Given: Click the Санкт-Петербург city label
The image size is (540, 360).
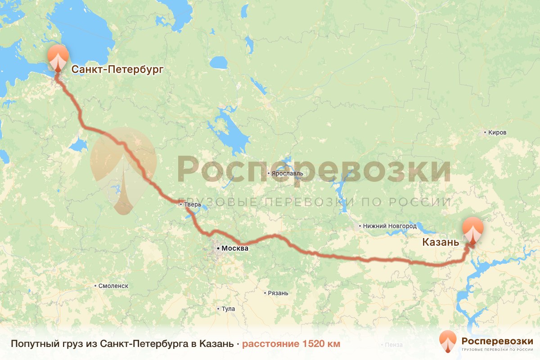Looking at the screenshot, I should (117, 69).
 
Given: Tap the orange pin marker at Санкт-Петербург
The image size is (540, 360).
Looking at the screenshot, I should (58, 58).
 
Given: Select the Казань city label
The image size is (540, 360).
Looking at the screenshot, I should (441, 243).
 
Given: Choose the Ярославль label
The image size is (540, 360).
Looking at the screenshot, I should (288, 173).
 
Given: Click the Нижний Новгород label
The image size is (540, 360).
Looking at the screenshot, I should (390, 226).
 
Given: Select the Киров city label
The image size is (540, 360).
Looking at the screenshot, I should (497, 133).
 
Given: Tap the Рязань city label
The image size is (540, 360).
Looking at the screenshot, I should (278, 293).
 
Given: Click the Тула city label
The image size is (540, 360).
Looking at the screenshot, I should (227, 309).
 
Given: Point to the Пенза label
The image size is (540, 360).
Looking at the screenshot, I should (393, 345).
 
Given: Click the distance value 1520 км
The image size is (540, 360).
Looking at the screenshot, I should (321, 344).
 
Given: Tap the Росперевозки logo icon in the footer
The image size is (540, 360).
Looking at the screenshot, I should (447, 342).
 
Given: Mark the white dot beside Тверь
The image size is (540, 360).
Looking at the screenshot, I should (180, 204).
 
